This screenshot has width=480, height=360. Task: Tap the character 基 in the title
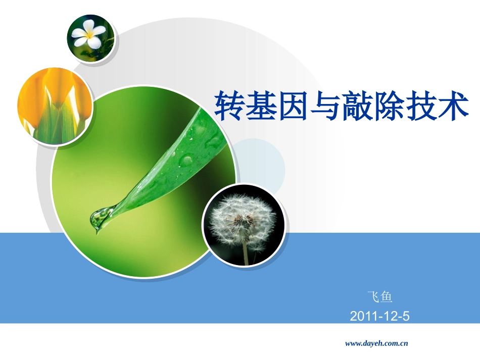(262, 106)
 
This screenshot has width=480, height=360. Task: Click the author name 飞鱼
(379, 297)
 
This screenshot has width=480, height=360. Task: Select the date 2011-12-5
(379, 317)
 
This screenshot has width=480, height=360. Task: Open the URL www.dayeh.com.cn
(376, 343)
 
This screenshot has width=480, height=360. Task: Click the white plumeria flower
(88, 34)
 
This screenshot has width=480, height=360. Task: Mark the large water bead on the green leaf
(186, 161)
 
